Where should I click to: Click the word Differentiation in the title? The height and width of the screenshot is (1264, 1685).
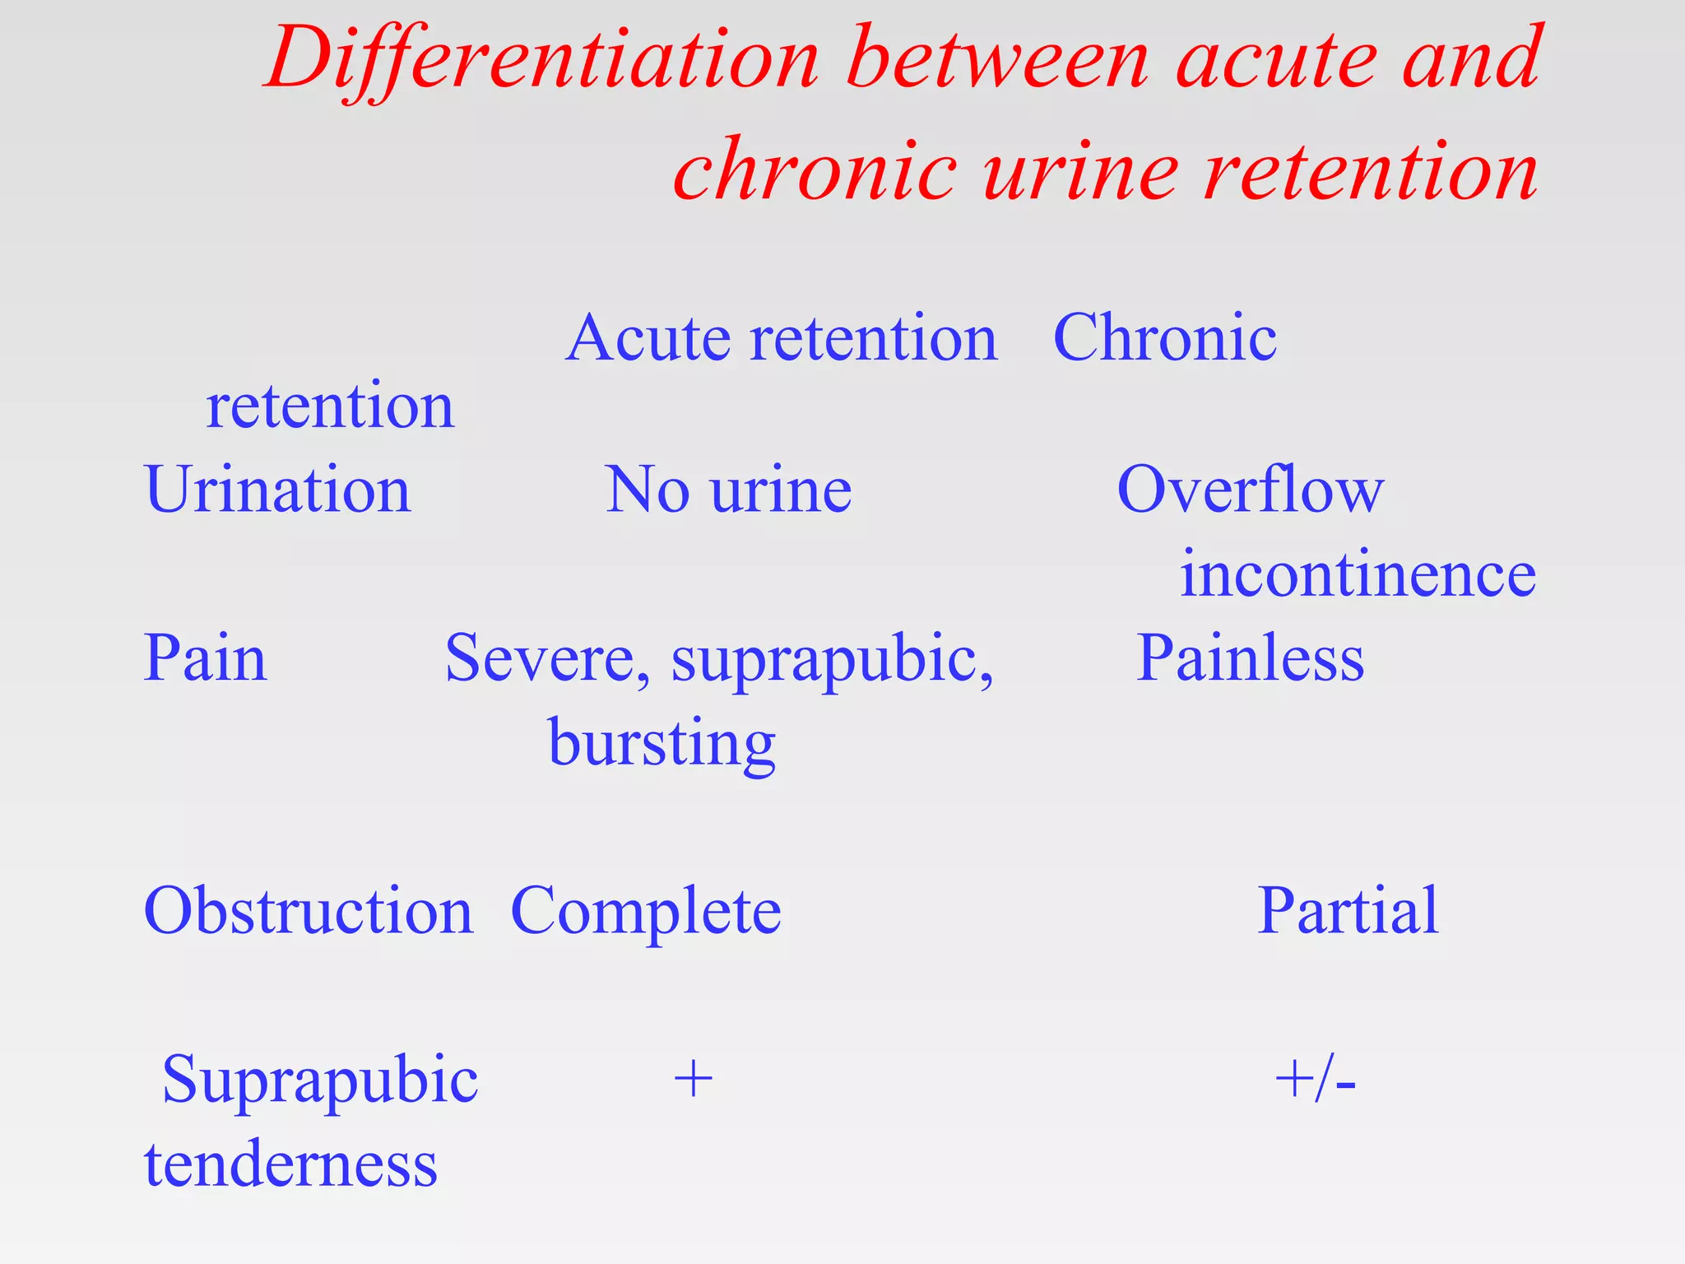tap(543, 59)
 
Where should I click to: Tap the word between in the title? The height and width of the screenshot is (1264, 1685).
tap(997, 59)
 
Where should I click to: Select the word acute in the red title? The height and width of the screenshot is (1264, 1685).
tap(1277, 59)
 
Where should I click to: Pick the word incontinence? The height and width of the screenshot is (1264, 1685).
tap(1358, 574)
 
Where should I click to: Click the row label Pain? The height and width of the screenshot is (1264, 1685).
tap(205, 658)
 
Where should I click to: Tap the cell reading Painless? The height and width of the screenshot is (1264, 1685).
tap(1249, 658)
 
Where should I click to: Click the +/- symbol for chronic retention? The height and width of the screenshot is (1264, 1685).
tap(1314, 1080)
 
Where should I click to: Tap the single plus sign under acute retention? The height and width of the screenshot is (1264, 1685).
tap(693, 1080)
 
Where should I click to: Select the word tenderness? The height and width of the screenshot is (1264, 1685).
tap(290, 1164)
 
